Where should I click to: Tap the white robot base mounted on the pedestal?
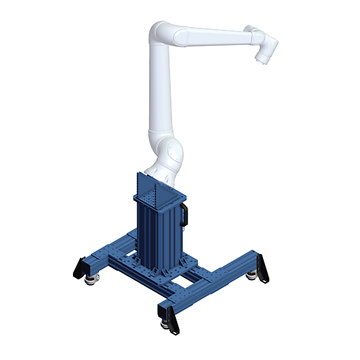[159, 171]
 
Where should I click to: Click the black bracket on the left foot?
[81, 266]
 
